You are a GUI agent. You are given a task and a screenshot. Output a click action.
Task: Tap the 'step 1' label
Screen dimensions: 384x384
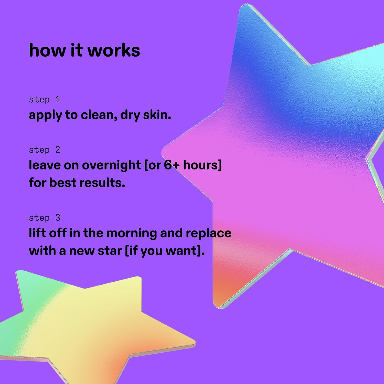pyautogui.click(x=45, y=100)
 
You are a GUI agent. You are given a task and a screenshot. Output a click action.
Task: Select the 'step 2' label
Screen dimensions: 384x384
pyautogui.click(x=45, y=150)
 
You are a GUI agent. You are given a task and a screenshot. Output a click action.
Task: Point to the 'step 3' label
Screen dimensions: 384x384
pyautogui.click(x=45, y=218)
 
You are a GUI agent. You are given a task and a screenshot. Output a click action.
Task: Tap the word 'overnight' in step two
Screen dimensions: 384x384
pyautogui.click(x=111, y=165)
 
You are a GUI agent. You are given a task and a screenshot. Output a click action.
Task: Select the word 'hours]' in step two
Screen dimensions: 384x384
pyautogui.click(x=202, y=165)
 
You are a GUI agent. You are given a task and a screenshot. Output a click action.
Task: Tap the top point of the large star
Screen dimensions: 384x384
pyautogui.click(x=246, y=5)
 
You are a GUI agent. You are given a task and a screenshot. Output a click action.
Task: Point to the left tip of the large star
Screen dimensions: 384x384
pyautogui.click(x=162, y=153)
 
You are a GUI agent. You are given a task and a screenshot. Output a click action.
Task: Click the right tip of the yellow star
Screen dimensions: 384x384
pyautogui.click(x=195, y=342)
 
